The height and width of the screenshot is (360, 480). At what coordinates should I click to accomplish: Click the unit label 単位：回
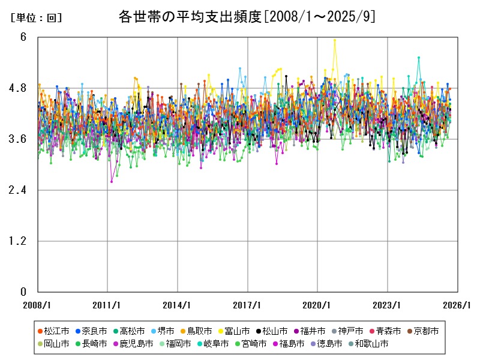point(36,18)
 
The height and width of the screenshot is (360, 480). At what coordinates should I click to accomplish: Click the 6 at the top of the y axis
point(23,37)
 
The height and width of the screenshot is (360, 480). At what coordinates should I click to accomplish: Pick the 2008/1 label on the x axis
point(38,305)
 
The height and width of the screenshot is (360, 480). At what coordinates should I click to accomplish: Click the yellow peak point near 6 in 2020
point(335,40)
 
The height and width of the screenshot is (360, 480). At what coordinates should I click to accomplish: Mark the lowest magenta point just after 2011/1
point(112,181)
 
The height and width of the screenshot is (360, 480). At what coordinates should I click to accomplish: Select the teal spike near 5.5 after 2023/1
point(419,58)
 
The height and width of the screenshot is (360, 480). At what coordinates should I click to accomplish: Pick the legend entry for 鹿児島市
point(131,344)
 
